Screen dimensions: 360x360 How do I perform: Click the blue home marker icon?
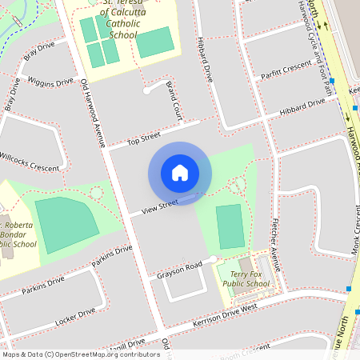[x=180, y=173]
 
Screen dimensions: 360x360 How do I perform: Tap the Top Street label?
[x=145, y=139]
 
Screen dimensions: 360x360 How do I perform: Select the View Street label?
[x=159, y=207]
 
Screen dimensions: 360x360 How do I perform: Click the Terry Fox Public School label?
[x=246, y=278]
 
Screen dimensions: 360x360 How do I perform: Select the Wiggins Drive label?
[x=50, y=81]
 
